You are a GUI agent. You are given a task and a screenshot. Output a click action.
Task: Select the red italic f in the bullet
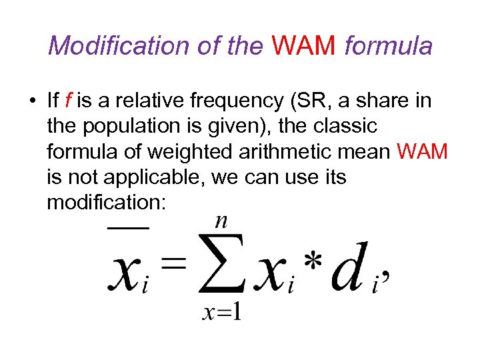69,101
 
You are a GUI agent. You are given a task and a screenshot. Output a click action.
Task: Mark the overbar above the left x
128,228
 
